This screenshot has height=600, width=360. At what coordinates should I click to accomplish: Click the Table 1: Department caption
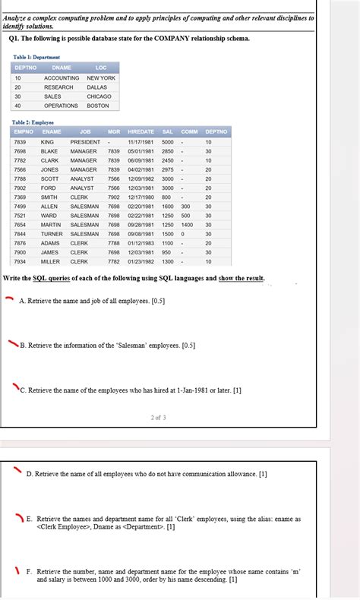37,57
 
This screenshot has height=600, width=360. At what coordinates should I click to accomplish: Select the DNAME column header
62,68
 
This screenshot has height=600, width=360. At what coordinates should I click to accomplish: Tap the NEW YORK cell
101,78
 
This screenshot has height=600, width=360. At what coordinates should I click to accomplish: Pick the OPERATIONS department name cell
61,106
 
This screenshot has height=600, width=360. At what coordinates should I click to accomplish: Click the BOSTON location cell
98,106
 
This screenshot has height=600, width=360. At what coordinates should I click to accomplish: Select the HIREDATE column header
141,132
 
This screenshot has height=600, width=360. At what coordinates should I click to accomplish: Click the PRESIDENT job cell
85,142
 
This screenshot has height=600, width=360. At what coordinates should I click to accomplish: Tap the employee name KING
47,142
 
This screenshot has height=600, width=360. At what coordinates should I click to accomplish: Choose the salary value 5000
168,142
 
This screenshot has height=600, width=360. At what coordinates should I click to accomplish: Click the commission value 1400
186,225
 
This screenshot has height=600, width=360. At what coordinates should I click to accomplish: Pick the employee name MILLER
50,261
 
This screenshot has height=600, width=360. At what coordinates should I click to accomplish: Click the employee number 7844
20,234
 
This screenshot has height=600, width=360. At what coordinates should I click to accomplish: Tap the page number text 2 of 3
159,417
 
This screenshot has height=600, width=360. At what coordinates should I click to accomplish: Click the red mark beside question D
17,470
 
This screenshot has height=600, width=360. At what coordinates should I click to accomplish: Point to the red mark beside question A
9,299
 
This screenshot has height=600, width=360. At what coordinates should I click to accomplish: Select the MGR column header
114,132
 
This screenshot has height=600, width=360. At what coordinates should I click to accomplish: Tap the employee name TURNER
52,234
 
